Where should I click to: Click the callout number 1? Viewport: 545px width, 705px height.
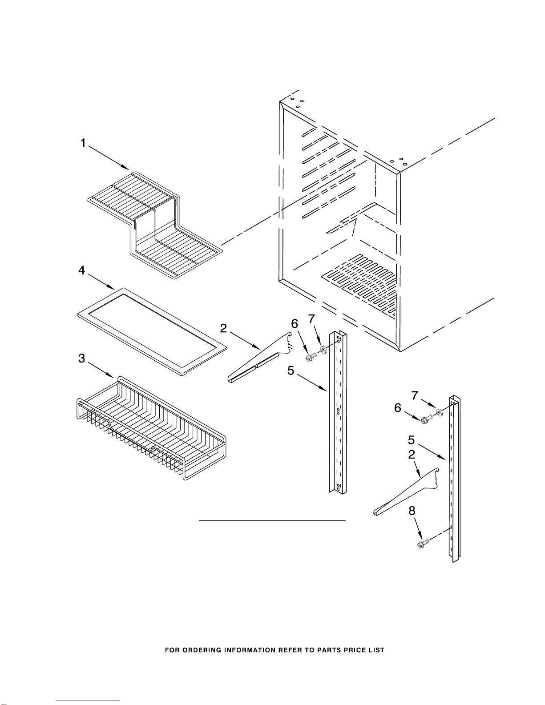click(83, 143)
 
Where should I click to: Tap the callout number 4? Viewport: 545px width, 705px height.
click(82, 270)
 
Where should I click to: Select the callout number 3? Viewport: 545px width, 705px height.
click(82, 359)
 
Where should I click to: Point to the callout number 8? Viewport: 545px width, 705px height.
click(412, 511)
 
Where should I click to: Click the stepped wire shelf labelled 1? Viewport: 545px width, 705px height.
click(155, 225)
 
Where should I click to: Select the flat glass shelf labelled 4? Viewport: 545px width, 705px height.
click(152, 331)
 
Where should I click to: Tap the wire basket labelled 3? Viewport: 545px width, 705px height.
click(152, 428)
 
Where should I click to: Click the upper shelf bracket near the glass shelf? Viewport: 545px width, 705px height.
click(260, 357)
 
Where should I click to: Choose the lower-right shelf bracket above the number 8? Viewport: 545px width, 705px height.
click(406, 492)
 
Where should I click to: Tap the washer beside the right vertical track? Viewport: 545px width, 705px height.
click(440, 413)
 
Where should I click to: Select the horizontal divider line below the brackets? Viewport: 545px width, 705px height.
click(272, 521)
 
